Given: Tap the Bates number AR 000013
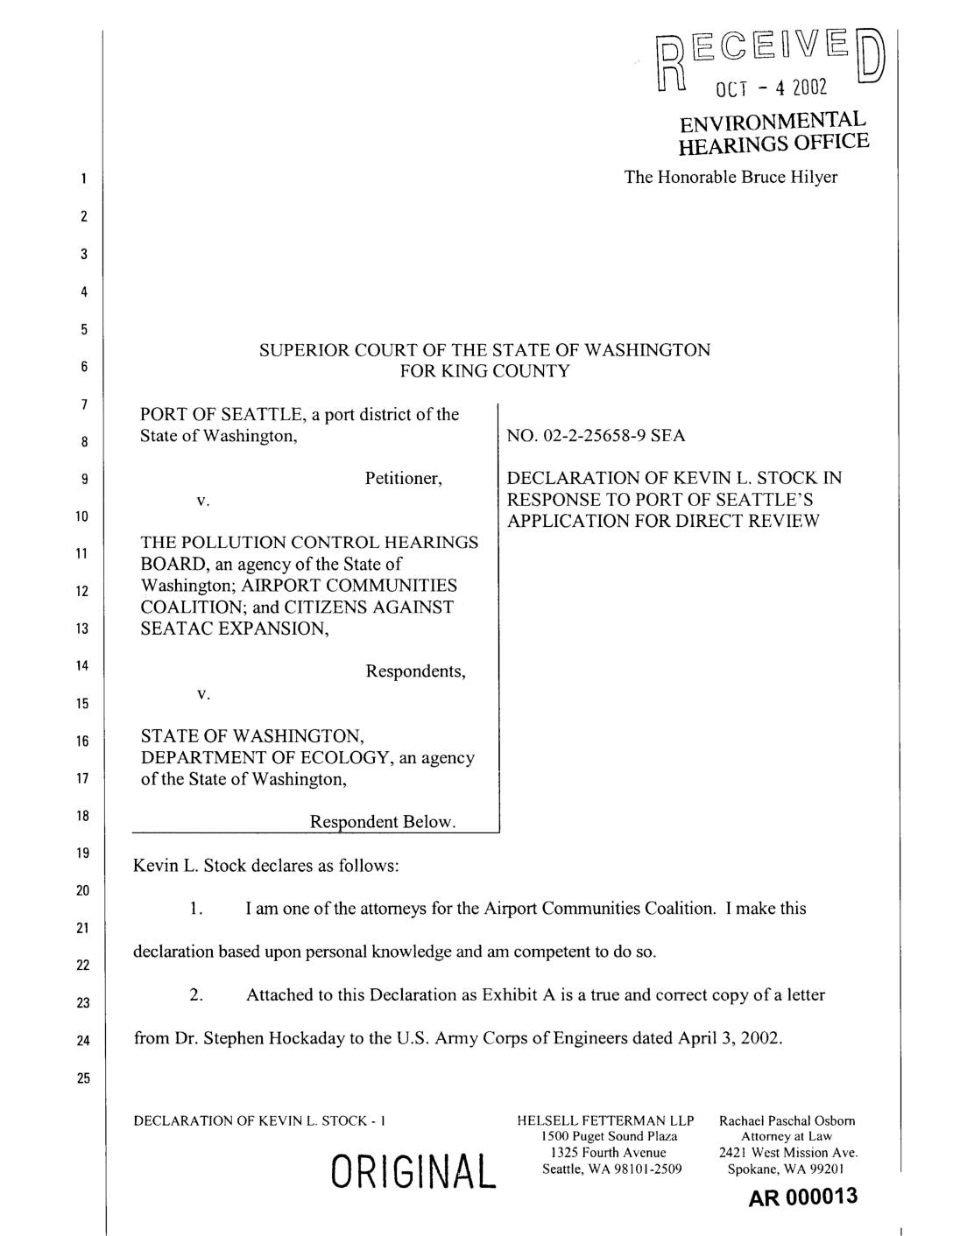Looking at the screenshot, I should pyautogui.click(x=803, y=1197).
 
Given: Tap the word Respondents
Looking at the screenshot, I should pyautogui.click(x=415, y=671).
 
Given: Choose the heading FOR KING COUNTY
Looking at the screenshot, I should pyautogui.click(x=484, y=371).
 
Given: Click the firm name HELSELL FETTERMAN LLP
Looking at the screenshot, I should pyautogui.click(x=606, y=1120).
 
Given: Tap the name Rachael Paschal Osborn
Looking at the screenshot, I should pyautogui.click(x=787, y=1120).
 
